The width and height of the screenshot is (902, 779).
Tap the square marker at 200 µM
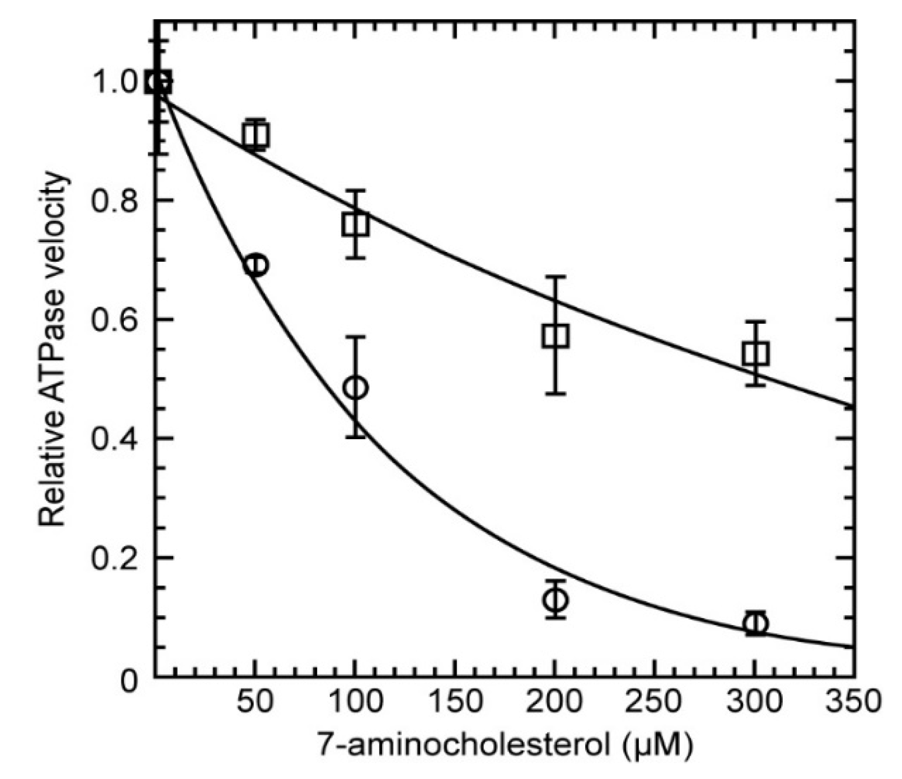click(555, 336)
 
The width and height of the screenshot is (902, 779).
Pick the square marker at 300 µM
click(756, 354)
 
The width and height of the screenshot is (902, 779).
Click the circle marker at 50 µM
click(256, 265)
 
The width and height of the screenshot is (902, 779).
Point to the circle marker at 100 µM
click(356, 388)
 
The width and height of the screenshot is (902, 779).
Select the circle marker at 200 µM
click(555, 599)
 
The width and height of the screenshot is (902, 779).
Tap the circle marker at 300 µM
click(756, 623)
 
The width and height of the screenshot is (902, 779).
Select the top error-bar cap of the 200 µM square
click(555, 276)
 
